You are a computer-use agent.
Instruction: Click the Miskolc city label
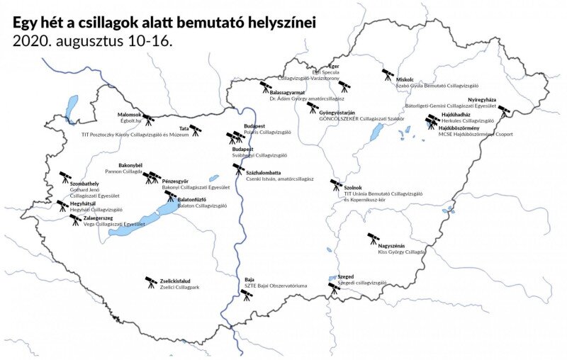(406, 79)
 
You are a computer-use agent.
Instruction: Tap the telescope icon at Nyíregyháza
(504, 111)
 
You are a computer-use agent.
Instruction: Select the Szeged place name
(346, 276)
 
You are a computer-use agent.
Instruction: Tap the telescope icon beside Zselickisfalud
(151, 283)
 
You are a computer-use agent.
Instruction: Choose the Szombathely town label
(84, 184)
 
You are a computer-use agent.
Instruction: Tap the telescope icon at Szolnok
(336, 186)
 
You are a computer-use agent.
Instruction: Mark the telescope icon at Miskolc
(388, 74)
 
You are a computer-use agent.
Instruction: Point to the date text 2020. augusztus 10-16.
(92, 40)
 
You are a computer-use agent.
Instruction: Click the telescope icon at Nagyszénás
(373, 239)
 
